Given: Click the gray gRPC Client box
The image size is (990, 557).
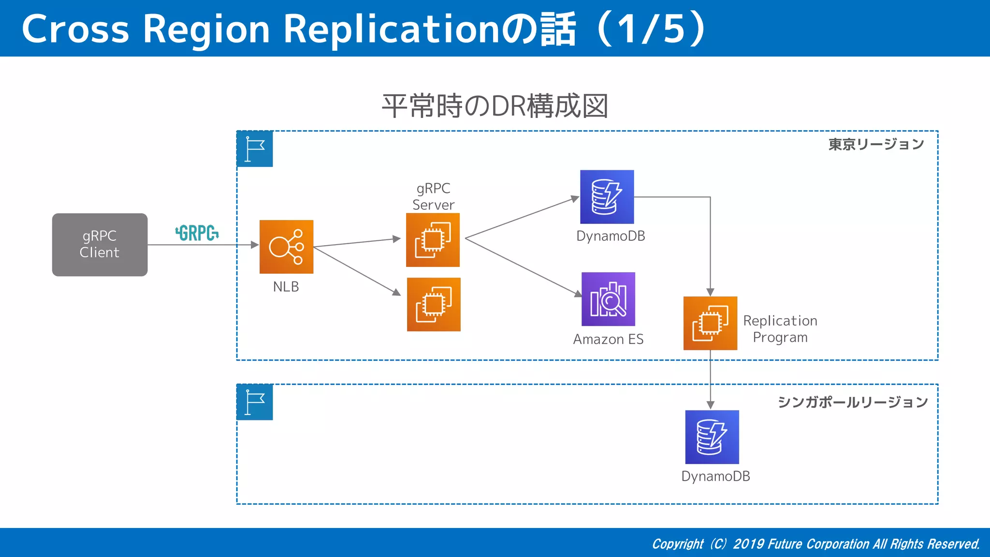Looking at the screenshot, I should (100, 245).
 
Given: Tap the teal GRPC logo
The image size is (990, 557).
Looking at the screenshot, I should (197, 233).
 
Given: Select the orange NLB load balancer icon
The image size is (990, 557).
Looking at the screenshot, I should (286, 247).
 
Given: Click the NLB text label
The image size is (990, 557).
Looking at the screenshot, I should (286, 287).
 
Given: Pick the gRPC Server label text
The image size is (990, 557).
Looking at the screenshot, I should (433, 196).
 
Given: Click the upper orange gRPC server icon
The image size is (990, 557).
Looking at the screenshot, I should (433, 240).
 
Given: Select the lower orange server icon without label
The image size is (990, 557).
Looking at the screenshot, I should (434, 304).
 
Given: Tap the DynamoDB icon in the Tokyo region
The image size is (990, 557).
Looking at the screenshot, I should (607, 197).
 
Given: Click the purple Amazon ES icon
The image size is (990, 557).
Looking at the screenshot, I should (608, 299).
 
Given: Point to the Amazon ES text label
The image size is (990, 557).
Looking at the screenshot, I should (608, 339).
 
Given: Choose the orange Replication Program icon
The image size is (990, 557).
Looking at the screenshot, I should (710, 323).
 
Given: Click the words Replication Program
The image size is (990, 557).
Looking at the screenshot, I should (780, 329).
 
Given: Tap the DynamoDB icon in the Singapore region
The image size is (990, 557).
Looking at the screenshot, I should (712, 437).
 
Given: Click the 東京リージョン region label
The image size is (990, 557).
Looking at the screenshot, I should (875, 144).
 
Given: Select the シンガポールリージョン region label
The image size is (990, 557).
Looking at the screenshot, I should (852, 402).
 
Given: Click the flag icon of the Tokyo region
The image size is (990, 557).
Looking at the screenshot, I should (255, 149).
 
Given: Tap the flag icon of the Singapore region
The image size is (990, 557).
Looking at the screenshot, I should (255, 402).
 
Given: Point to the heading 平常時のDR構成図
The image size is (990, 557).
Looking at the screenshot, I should (495, 106).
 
